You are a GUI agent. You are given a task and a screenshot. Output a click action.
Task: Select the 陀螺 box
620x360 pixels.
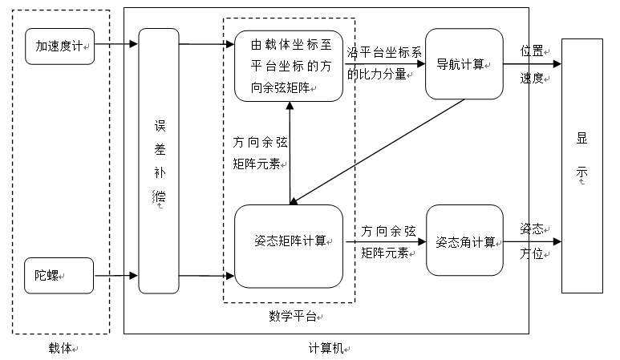(x=59, y=275)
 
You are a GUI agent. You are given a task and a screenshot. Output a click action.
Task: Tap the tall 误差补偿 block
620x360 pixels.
(x=159, y=160)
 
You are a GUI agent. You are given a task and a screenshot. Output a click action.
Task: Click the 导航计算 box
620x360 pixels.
(x=464, y=63)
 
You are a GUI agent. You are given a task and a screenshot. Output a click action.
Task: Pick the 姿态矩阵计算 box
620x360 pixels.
(x=289, y=241)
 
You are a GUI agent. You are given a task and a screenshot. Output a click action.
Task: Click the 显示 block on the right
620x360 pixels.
(x=582, y=165)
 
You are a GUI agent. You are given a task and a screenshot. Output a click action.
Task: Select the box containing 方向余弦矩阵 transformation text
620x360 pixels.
(x=289, y=66)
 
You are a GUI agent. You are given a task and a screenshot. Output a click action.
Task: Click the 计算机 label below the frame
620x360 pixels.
(x=326, y=348)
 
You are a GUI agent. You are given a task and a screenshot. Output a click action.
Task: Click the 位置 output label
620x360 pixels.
(x=532, y=51)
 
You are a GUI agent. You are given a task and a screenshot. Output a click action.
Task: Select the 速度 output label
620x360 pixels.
(x=532, y=78)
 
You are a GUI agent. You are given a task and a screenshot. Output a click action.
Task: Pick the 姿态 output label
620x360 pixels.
(x=532, y=228)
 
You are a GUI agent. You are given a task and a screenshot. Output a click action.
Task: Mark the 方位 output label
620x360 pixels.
(x=532, y=254)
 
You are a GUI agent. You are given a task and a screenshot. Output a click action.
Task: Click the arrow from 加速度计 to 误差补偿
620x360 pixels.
(x=116, y=45)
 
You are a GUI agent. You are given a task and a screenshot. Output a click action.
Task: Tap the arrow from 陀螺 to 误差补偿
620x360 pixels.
(x=116, y=277)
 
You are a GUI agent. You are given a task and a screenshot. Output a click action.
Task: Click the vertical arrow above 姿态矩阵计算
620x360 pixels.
(x=290, y=152)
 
